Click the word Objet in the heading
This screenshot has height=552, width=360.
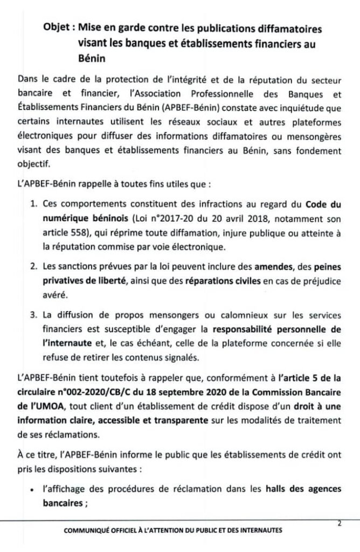click(x=57, y=29)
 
